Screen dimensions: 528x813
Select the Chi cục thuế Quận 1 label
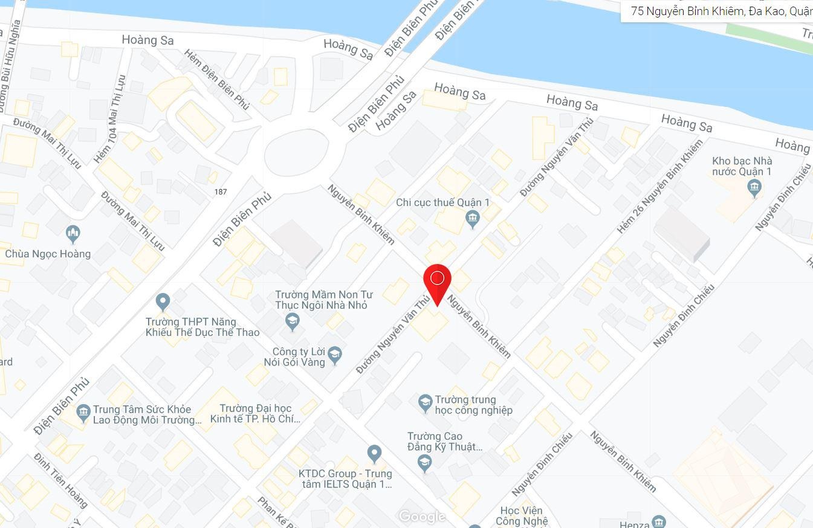pyautogui.click(x=442, y=202)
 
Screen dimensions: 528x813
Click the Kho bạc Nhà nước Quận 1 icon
pyautogui.click(x=754, y=188)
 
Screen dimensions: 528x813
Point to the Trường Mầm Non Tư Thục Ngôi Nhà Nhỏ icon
pyautogui.click(x=293, y=321)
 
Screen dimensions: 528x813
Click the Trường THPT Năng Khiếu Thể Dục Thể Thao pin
pyautogui.click(x=163, y=301)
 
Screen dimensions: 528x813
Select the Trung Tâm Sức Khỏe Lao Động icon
pyautogui.click(x=83, y=413)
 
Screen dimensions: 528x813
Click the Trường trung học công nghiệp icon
pyautogui.click(x=425, y=402)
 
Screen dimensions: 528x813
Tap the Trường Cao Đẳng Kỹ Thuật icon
pyautogui.click(x=425, y=463)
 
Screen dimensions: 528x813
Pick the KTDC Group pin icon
pyautogui.click(x=374, y=452)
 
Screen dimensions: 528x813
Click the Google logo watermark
pyautogui.click(x=423, y=517)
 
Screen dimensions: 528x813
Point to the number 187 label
pyautogui.click(x=221, y=192)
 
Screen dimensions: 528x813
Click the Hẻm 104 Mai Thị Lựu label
pyautogui.click(x=109, y=118)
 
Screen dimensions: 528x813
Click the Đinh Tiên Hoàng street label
pyautogui.click(x=61, y=480)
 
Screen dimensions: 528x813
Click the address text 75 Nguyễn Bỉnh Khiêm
pyautogui.click(x=719, y=11)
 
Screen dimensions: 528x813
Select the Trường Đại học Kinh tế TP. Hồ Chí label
pyautogui.click(x=255, y=414)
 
